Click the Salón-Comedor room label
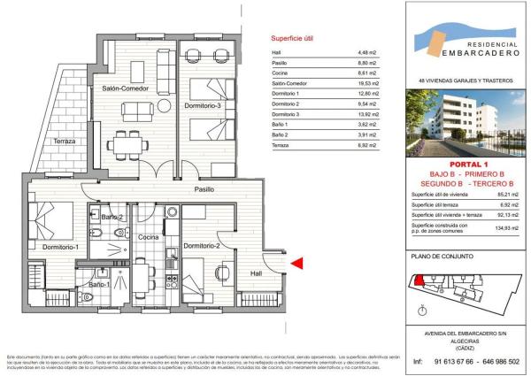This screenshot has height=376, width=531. tap(123, 88)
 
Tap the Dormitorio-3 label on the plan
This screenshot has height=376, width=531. tap(208, 106)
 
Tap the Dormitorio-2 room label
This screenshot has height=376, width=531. tap(201, 245)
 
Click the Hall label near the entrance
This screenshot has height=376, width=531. tap(257, 273)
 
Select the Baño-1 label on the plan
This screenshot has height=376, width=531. tap(99, 285)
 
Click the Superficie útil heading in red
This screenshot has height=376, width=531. tap(292, 40)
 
